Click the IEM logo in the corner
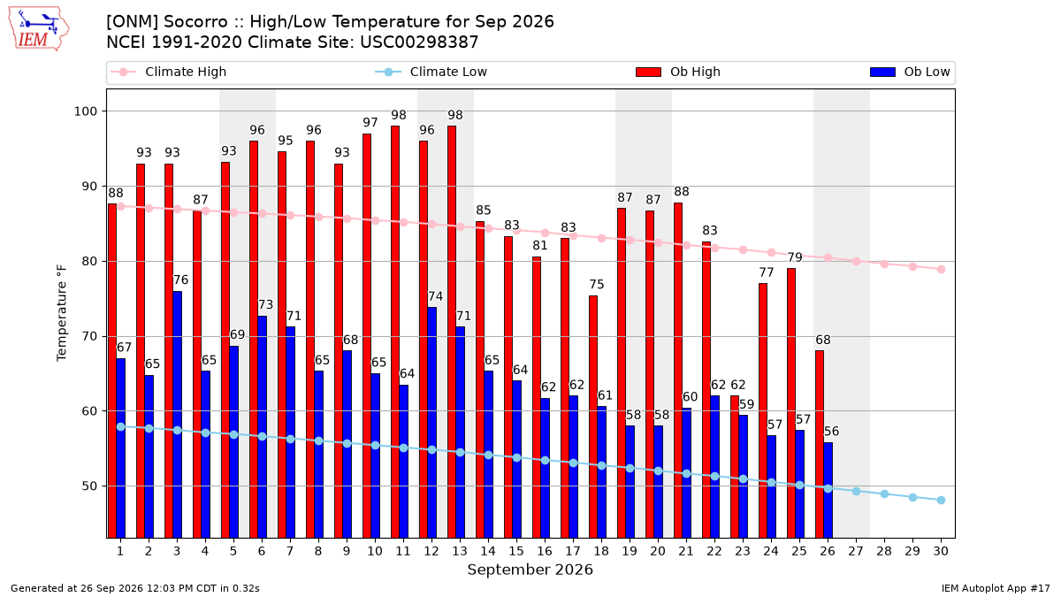click(x=39, y=29)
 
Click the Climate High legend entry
click(x=168, y=72)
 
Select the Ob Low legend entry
click(x=910, y=72)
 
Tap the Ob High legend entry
click(x=678, y=72)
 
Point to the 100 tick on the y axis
click(x=85, y=111)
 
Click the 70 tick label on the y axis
click(x=89, y=336)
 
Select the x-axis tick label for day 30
click(x=941, y=551)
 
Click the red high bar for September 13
click(x=452, y=332)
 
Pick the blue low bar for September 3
click(x=177, y=415)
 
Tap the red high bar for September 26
click(x=820, y=444)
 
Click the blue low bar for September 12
click(x=432, y=423)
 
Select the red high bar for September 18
click(x=593, y=417)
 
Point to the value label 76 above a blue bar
click(x=181, y=280)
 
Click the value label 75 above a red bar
click(x=597, y=284)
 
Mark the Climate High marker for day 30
click(x=941, y=270)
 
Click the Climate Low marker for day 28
click(x=884, y=494)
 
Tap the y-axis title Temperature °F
click(x=62, y=313)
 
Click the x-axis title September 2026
click(x=530, y=570)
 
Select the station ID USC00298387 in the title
click(x=419, y=42)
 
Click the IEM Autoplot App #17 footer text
click(x=996, y=588)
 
